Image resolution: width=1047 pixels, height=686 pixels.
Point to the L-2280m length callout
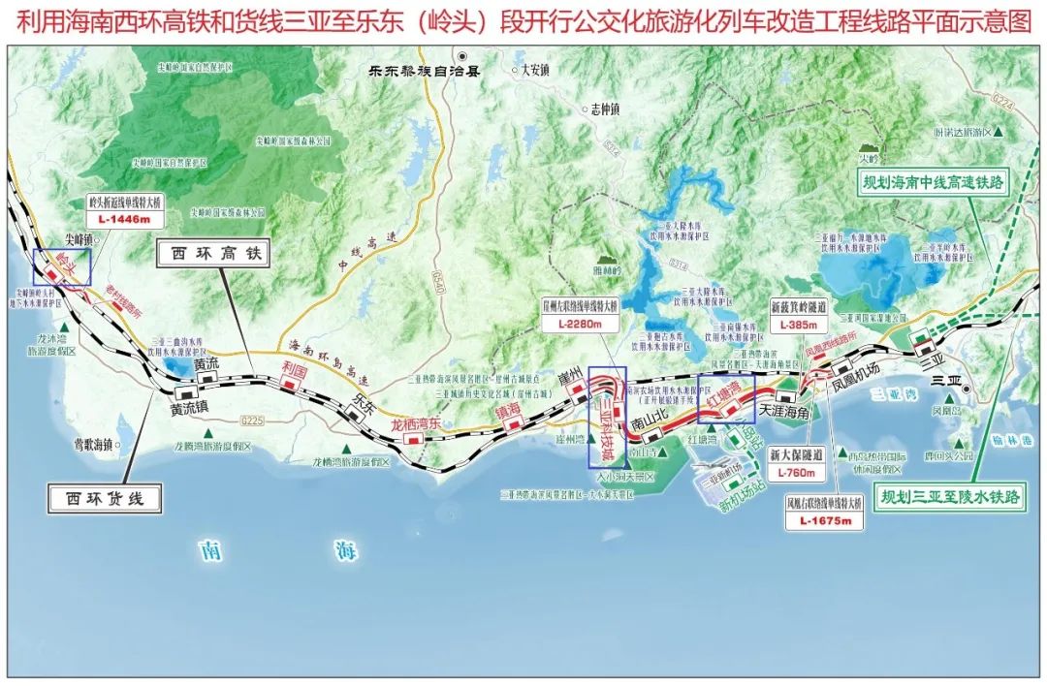[x=580, y=324]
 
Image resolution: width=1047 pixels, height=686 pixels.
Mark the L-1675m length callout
[x=825, y=521]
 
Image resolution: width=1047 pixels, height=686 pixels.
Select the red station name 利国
[x=294, y=369]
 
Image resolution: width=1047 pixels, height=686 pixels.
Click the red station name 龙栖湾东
[x=416, y=424]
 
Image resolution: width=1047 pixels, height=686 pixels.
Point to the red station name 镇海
[x=508, y=411]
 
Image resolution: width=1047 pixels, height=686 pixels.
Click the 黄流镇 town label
[x=190, y=410]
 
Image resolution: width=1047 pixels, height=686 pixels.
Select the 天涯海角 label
[x=784, y=411]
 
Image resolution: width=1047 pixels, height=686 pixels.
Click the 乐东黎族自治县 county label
[x=411, y=71]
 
